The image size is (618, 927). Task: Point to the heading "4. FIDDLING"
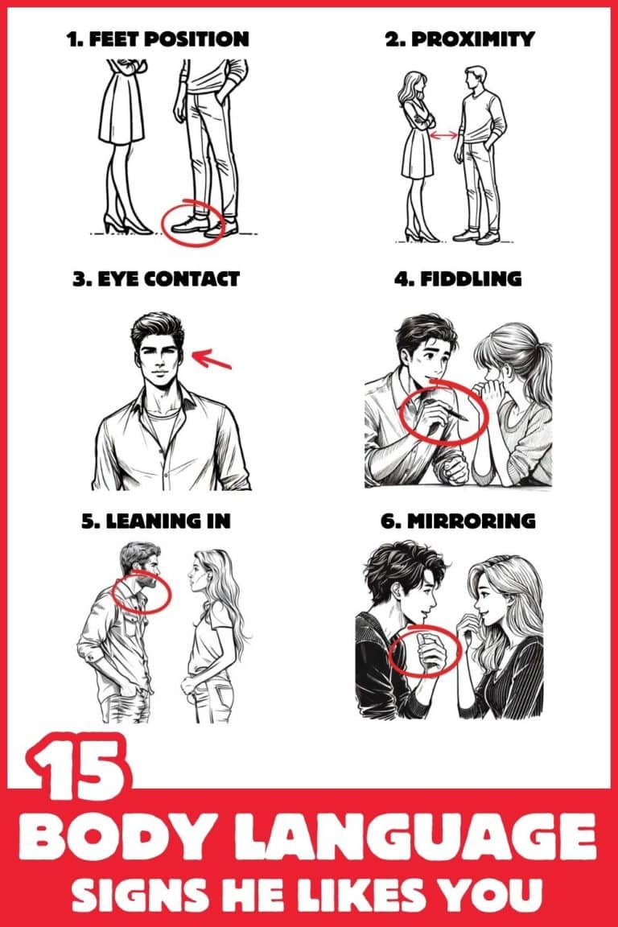click(x=459, y=279)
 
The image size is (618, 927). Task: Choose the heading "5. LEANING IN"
click(x=156, y=521)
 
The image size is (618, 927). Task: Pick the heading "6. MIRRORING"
click(x=458, y=521)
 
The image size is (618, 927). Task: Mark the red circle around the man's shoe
click(x=192, y=219)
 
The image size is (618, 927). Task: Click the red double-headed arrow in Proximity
click(x=444, y=136)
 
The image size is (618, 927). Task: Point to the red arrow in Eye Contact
click(x=212, y=357)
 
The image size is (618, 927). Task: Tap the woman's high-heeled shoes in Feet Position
click(x=125, y=224)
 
